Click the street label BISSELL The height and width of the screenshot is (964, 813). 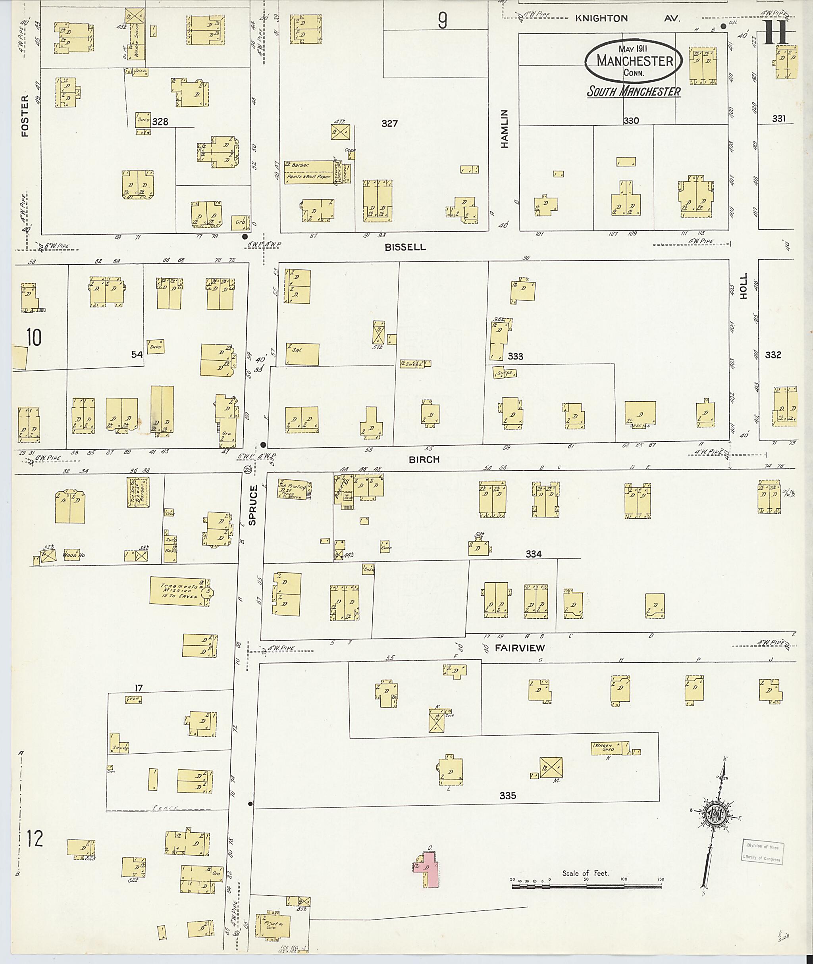406,247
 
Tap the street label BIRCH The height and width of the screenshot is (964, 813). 424,460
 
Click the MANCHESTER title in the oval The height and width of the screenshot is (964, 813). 635,60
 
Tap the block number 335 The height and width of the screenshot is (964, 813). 507,795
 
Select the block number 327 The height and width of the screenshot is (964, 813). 389,123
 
